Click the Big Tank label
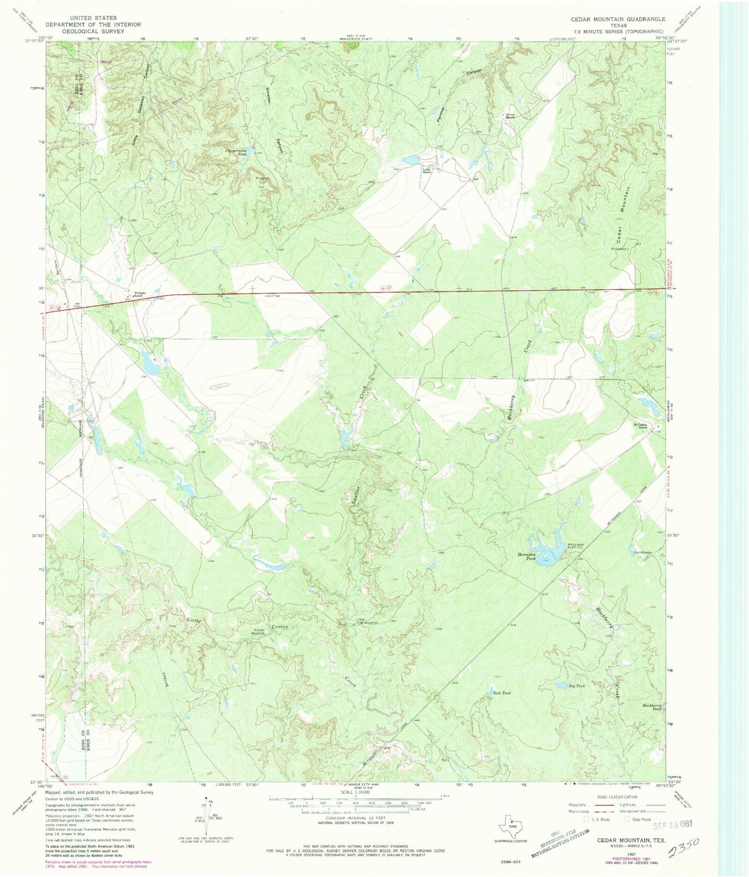point(577,686)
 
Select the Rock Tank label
point(502,692)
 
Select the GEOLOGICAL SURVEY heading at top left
point(93,31)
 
